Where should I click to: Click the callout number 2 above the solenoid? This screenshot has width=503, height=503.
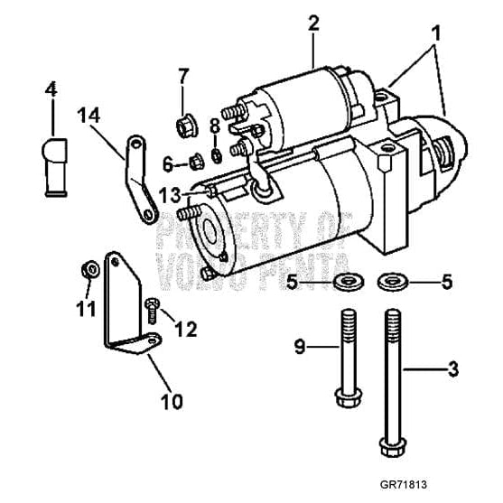tap(313, 23)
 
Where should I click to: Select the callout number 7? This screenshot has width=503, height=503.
tap(183, 74)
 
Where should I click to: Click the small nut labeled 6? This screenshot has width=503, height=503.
tap(192, 163)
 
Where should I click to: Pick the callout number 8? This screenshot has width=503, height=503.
tap(215, 126)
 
